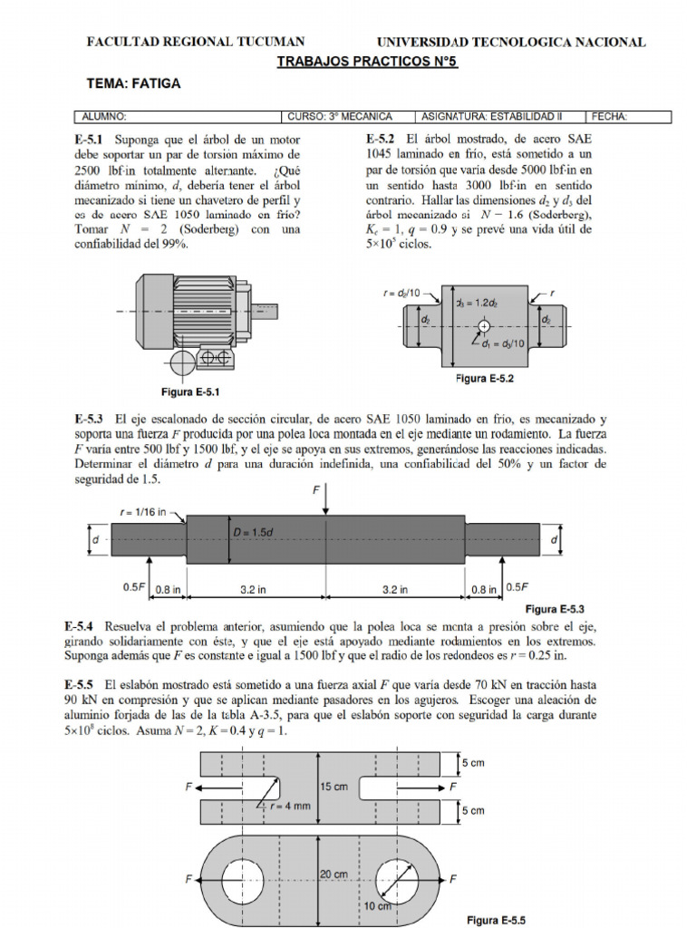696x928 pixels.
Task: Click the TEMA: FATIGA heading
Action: [x=133, y=83]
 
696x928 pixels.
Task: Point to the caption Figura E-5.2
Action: [x=484, y=379]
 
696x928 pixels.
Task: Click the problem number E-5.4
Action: [x=82, y=626]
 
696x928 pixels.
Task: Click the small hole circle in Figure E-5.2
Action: [x=484, y=325]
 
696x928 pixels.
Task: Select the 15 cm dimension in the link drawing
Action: [x=333, y=787]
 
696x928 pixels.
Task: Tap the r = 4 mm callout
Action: [x=281, y=805]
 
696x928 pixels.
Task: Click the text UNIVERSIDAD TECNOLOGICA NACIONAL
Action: [x=510, y=42]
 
